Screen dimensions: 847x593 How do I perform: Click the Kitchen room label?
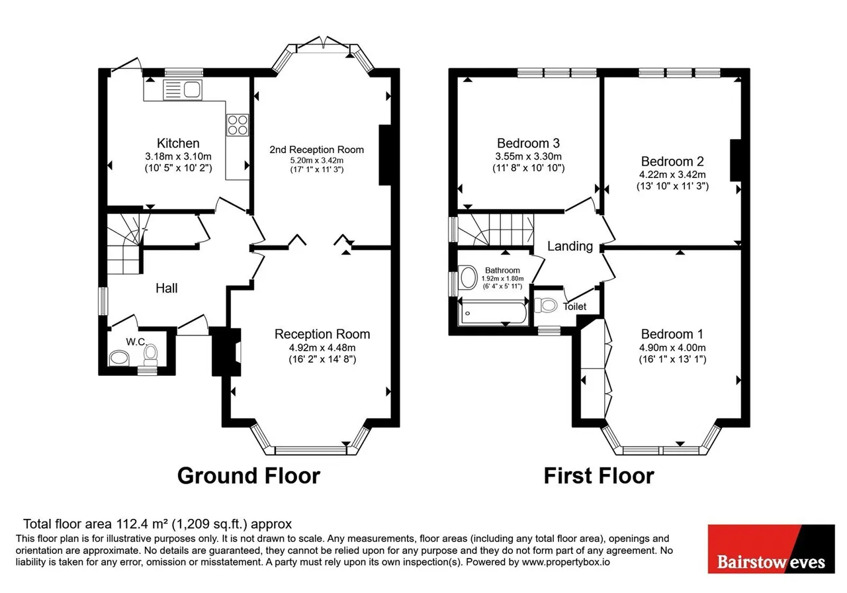coord(178,144)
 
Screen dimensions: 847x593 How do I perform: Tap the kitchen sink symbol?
coord(183,90)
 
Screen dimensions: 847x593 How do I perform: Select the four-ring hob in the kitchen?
coord(238,125)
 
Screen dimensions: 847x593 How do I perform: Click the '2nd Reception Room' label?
coord(316,150)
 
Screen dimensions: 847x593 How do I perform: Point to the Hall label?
coord(167,288)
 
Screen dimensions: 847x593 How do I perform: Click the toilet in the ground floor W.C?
coord(150,355)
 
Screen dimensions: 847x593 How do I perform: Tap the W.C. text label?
coord(136,342)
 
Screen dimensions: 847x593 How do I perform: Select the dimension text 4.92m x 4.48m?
coord(322,347)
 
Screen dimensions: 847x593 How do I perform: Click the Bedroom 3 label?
coord(528,144)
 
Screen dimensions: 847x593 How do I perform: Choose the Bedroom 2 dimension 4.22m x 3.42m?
coord(672,175)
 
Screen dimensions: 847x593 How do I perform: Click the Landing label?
coord(570,246)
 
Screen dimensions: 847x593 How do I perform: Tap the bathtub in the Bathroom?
coord(492,313)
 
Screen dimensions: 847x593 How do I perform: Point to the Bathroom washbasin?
coord(468,277)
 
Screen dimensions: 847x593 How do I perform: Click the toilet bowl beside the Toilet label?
coord(546,305)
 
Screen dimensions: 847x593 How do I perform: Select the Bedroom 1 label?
coord(672,334)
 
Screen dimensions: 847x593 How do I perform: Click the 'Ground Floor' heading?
coord(249,476)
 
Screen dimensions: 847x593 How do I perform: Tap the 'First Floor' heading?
coord(599,476)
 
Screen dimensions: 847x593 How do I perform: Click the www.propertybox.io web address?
coord(566,562)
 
